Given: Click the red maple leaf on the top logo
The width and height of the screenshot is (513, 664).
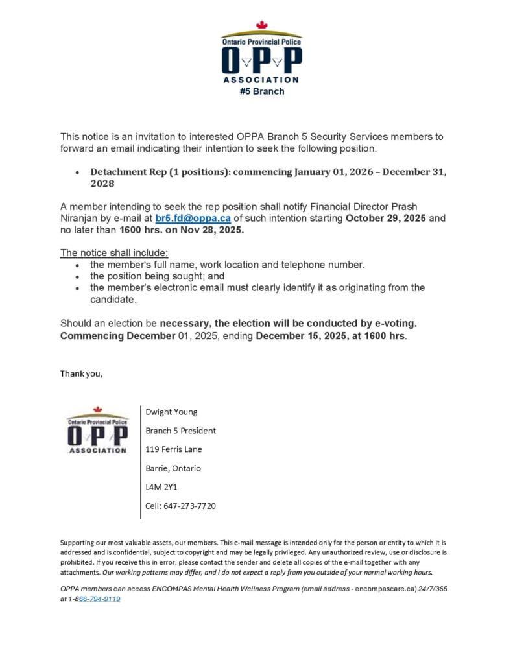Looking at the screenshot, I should point(261,25).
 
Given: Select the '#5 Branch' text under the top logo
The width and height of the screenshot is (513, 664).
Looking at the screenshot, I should point(261,91).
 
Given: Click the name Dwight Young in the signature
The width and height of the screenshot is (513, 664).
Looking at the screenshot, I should point(171,412).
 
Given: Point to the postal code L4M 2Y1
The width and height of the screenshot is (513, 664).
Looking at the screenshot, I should point(161,487).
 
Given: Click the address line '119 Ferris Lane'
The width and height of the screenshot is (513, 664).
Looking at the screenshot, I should point(173,449).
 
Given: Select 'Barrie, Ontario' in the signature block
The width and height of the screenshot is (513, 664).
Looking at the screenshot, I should point(173,468).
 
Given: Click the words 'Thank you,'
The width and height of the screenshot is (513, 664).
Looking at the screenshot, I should point(81,373).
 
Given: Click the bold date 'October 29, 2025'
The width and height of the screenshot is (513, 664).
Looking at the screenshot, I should point(386,219).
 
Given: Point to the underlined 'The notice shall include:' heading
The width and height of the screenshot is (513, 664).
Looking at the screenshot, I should point(114,252).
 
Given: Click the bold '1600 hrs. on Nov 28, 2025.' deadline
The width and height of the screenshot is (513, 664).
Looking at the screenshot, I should point(182,230).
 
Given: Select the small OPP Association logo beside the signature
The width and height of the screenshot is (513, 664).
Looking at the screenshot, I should point(97,430).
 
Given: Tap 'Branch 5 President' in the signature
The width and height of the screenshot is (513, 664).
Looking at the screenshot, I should point(180,431).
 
